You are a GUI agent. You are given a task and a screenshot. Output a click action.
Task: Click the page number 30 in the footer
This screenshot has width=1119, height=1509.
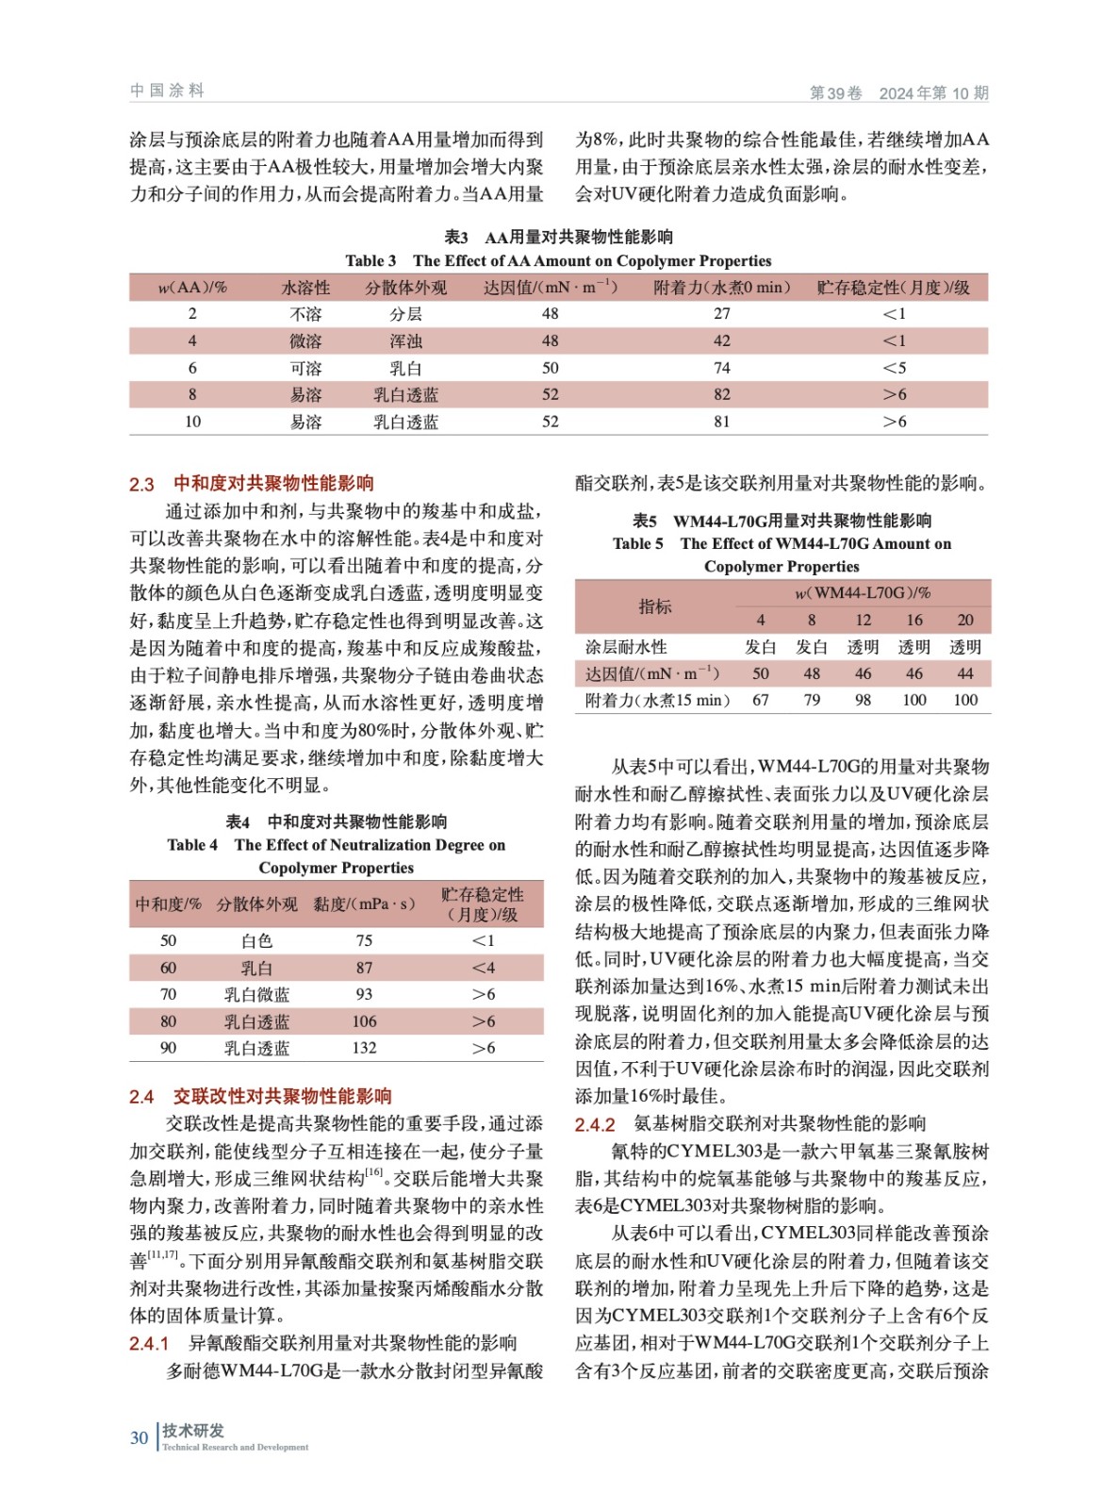pyautogui.click(x=139, y=1437)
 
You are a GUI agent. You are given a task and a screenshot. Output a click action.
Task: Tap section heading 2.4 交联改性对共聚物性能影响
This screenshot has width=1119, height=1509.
pyautogui.click(x=260, y=1096)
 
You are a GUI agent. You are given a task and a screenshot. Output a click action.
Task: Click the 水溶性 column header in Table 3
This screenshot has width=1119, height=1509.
pyautogui.click(x=305, y=288)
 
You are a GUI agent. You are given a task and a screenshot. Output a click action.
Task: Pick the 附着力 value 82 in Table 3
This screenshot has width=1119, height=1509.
pyautogui.click(x=721, y=395)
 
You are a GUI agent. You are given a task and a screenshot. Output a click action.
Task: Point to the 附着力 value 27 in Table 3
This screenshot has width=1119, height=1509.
pyautogui.click(x=721, y=314)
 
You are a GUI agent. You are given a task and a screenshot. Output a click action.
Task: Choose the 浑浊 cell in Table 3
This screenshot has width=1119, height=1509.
pyautogui.click(x=405, y=341)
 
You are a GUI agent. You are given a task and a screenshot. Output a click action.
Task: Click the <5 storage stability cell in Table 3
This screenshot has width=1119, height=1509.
pyautogui.click(x=894, y=368)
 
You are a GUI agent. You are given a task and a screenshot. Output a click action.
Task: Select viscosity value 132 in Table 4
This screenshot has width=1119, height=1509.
pyautogui.click(x=364, y=1048)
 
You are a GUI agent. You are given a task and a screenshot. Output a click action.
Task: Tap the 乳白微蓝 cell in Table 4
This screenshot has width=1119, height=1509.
pyautogui.click(x=256, y=995)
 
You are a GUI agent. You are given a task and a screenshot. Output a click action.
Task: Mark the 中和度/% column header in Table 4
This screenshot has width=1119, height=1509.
pyautogui.click(x=168, y=904)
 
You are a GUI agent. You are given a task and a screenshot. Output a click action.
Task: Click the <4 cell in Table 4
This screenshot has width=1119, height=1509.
pyautogui.click(x=483, y=968)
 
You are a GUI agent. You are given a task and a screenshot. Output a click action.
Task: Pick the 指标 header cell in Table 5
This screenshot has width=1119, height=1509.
pyautogui.click(x=654, y=606)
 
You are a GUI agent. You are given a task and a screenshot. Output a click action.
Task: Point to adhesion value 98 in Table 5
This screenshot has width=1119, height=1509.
pyautogui.click(x=863, y=700)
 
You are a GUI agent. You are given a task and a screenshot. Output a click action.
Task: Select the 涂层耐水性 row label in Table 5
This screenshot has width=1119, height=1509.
pyautogui.click(x=626, y=647)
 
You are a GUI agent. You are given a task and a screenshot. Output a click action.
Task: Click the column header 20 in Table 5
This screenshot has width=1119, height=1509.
pyautogui.click(x=964, y=620)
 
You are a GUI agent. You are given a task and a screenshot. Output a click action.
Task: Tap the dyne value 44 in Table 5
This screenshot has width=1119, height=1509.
pyautogui.click(x=964, y=673)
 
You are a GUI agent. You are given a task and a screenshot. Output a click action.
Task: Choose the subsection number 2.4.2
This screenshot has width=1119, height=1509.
pyautogui.click(x=595, y=1124)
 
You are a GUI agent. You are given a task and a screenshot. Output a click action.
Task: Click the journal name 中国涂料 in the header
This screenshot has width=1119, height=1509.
pyautogui.click(x=167, y=91)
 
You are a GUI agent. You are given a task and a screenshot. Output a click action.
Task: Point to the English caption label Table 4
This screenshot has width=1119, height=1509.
pyautogui.click(x=192, y=845)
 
